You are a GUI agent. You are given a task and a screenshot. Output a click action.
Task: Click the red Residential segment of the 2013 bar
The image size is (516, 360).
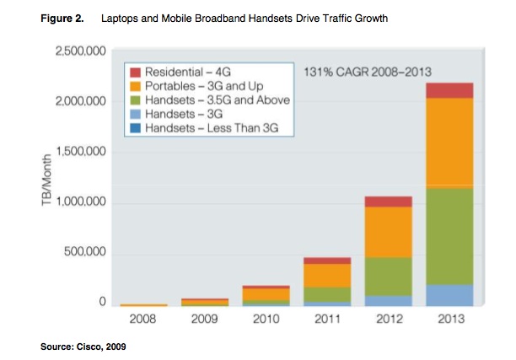click(x=449, y=90)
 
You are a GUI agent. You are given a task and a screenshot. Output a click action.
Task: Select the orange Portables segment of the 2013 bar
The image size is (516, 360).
click(x=449, y=142)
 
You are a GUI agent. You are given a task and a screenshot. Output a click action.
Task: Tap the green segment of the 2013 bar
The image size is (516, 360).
click(x=449, y=236)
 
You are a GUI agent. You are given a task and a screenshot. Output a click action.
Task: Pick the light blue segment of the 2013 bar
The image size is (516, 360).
click(x=449, y=295)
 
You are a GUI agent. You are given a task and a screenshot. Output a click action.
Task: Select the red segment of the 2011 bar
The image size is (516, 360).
click(x=327, y=261)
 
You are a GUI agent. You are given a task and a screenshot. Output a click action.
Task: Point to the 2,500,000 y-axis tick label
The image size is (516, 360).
click(x=78, y=52)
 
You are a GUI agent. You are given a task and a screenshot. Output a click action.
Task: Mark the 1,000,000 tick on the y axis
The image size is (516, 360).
click(x=78, y=203)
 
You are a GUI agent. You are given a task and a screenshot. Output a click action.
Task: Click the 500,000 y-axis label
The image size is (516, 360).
click(x=84, y=254)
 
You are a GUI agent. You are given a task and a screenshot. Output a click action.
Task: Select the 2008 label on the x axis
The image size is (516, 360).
click(x=143, y=320)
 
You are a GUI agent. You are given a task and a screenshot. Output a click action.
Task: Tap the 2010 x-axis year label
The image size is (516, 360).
click(x=266, y=320)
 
